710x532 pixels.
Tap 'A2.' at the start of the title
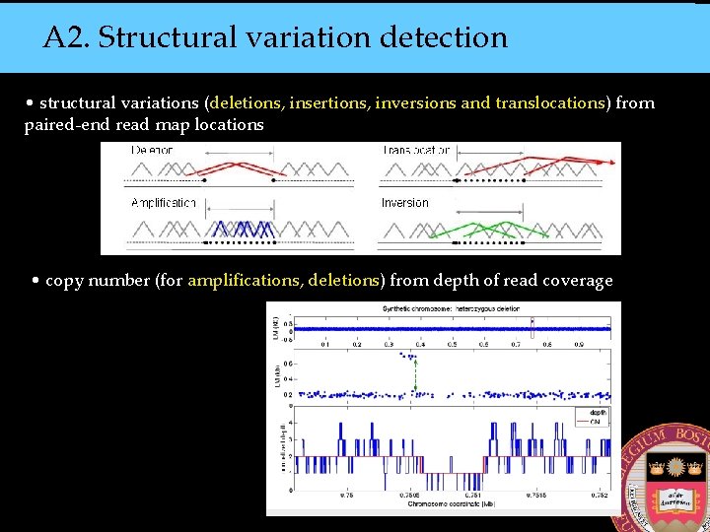click(66, 37)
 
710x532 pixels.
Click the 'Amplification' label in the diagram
click(164, 203)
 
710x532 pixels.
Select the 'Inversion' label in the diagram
click(405, 203)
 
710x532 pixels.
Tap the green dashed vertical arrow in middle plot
click(415, 373)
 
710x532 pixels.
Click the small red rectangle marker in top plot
click(532, 328)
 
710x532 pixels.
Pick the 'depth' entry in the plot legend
click(598, 414)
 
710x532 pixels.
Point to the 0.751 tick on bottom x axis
click(476, 496)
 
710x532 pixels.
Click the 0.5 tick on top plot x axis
click(452, 345)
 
